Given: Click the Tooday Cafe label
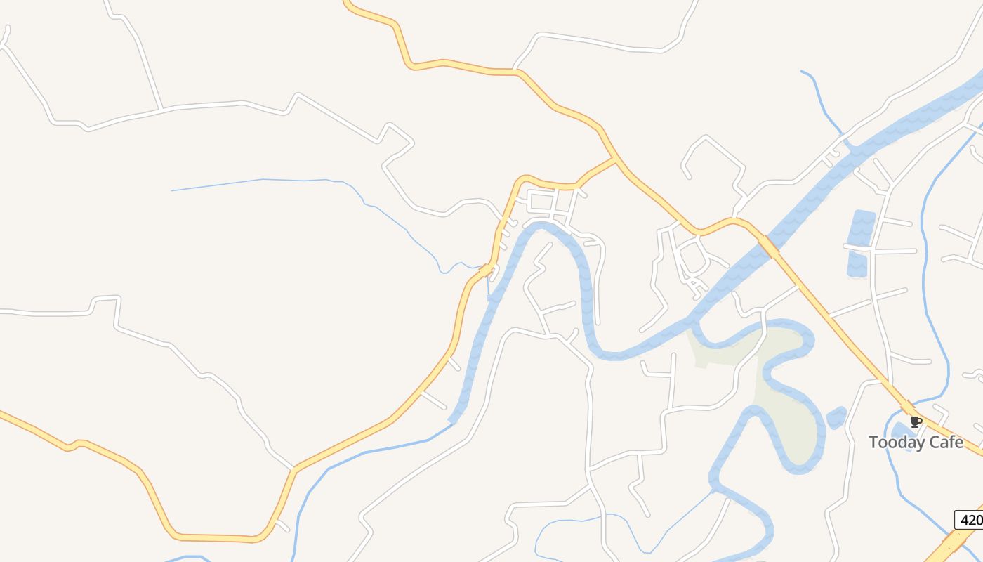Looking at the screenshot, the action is [x=916, y=443].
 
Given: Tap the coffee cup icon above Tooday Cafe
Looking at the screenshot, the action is [x=916, y=421].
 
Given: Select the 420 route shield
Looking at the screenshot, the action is [x=970, y=520].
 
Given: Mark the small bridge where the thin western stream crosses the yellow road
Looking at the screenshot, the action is [x=486, y=269].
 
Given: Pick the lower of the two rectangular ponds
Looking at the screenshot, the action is [x=857, y=264].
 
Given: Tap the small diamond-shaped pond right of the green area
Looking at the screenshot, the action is [x=836, y=417].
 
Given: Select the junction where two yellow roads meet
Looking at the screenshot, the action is [x=616, y=159].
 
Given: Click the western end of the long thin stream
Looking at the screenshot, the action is [x=173, y=190].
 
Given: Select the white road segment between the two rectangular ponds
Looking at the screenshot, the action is [x=859, y=247].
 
